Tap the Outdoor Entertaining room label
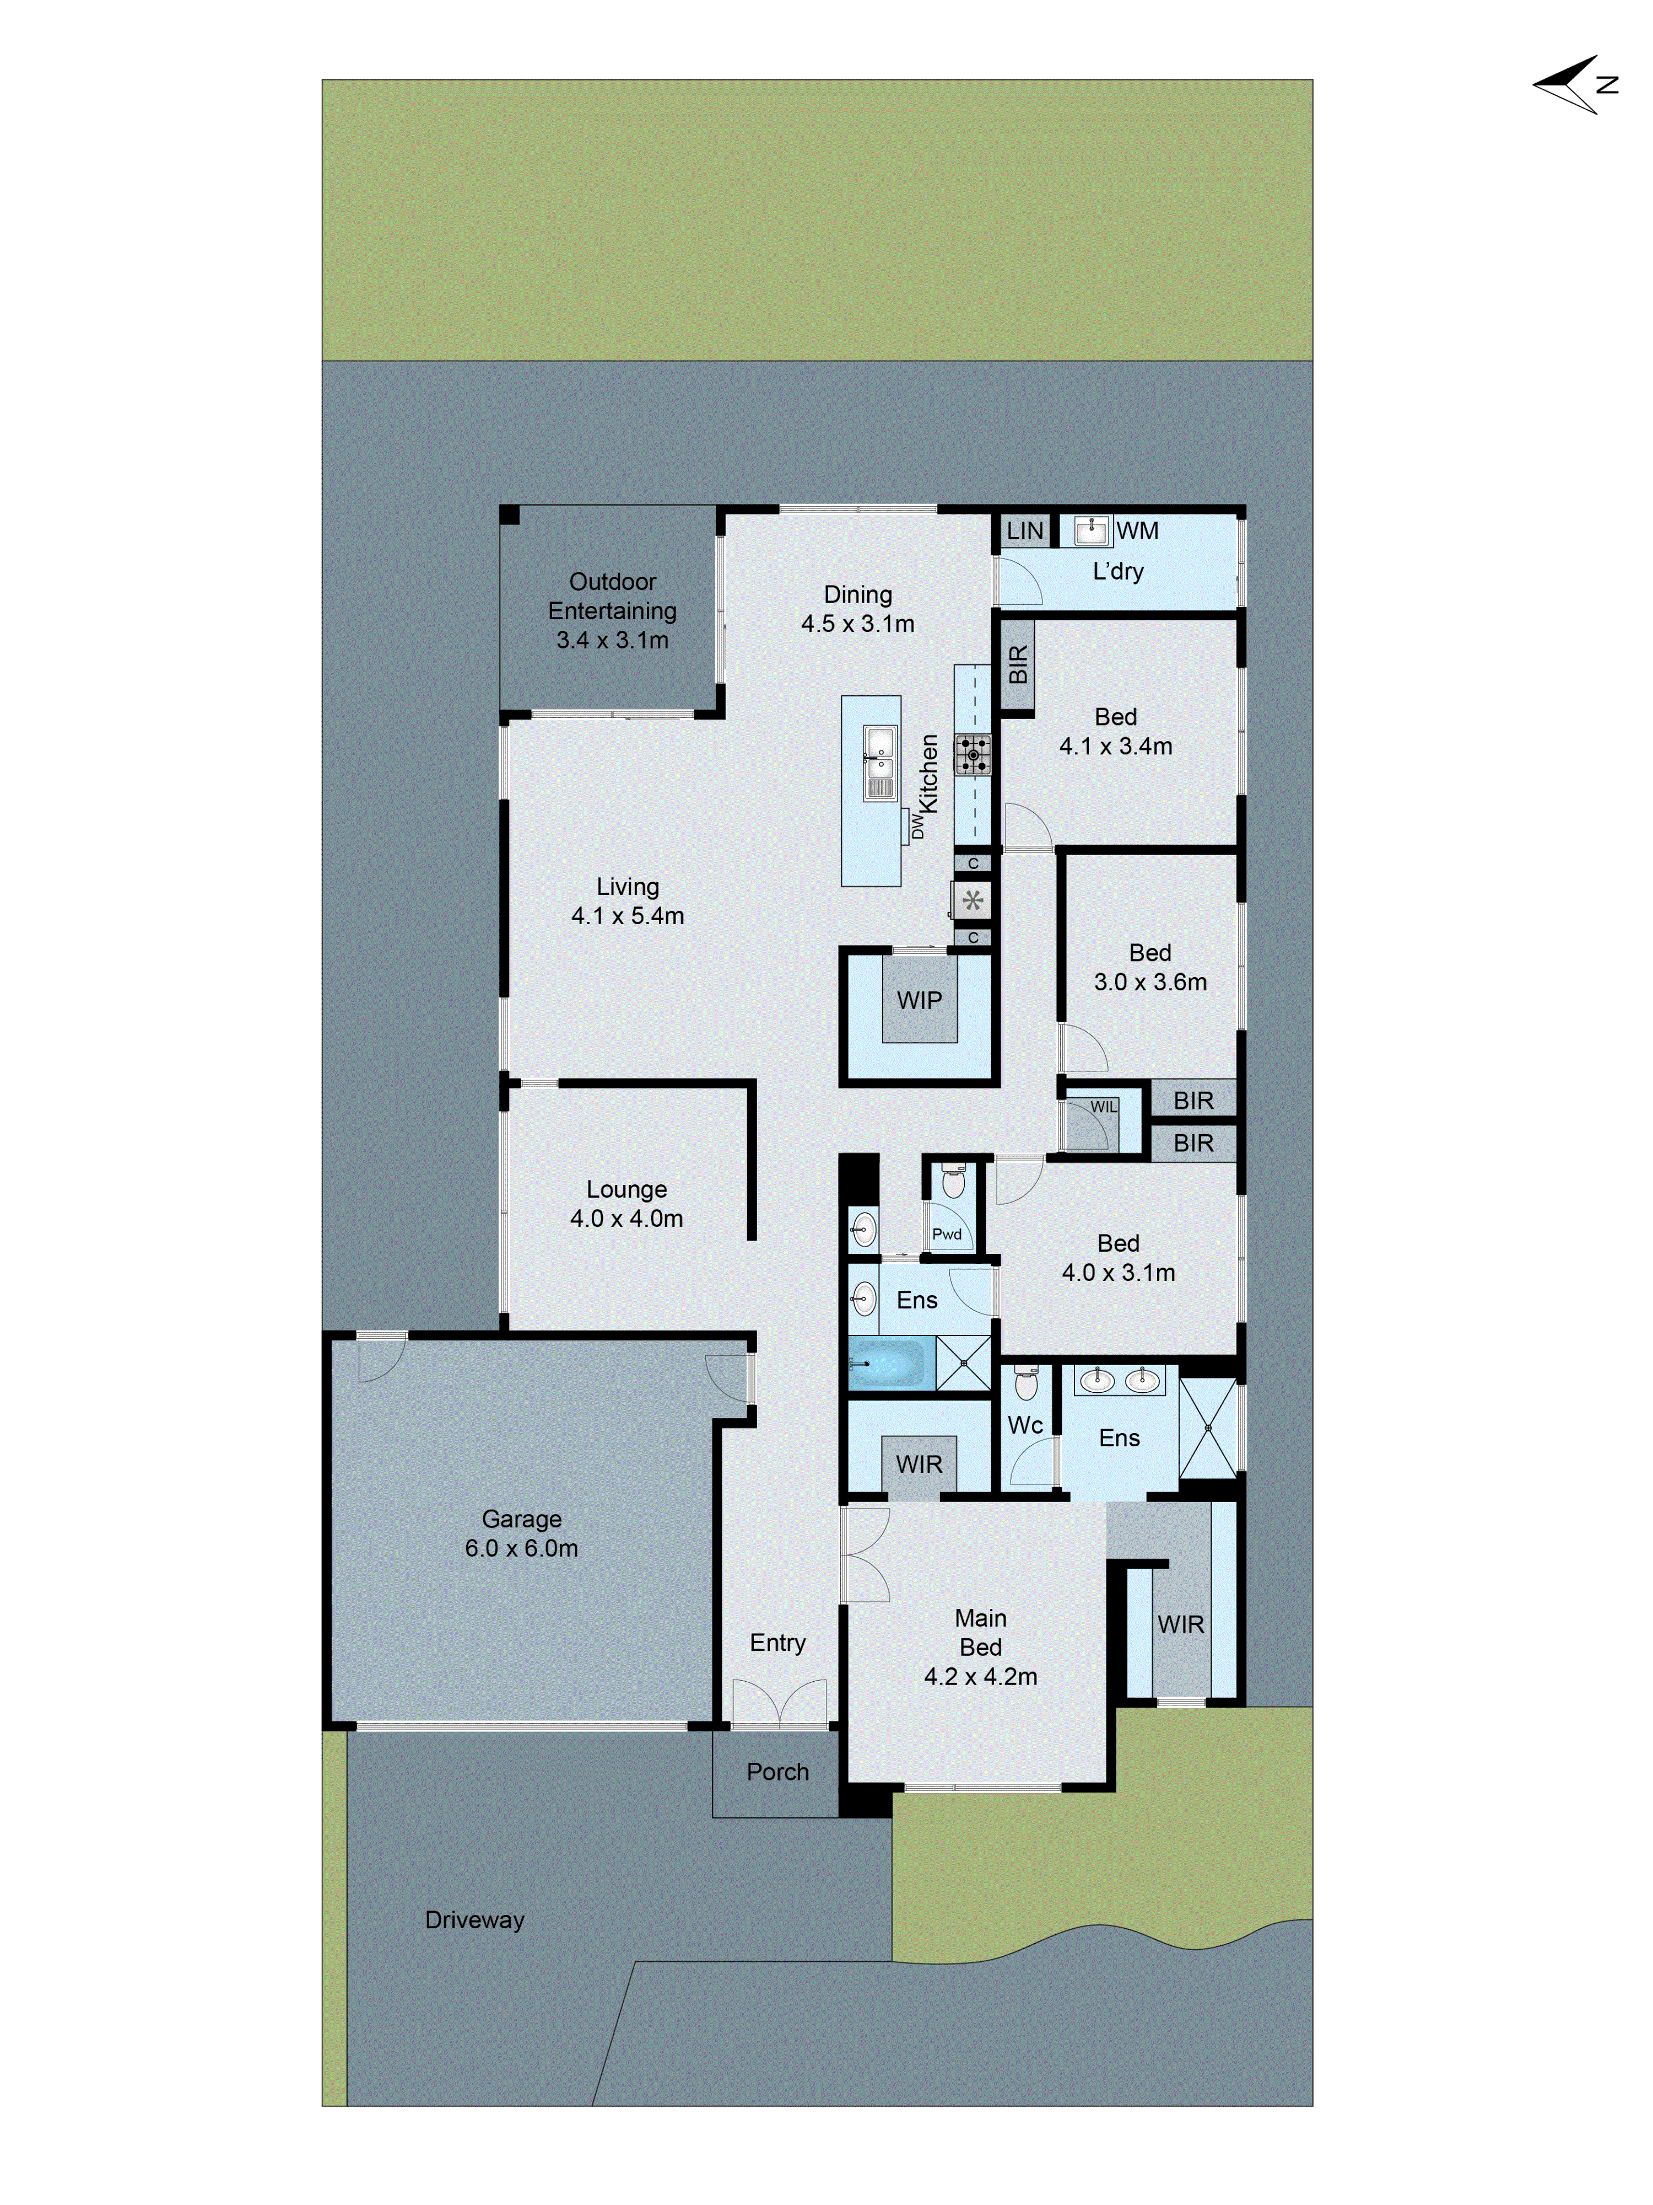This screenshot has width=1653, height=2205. [612, 609]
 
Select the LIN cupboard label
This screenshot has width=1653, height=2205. [1024, 530]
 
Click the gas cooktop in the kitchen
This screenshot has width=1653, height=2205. [973, 755]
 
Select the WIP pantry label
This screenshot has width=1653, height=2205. [919, 1000]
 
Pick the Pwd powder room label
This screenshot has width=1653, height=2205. [947, 1233]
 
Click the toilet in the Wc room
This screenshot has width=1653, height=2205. [1025, 1383]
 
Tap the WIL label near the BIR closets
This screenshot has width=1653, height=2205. [1103, 1107]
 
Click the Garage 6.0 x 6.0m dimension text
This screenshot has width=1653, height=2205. [521, 1548]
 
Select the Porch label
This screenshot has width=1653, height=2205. [777, 1772]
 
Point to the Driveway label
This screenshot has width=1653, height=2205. [474, 1920]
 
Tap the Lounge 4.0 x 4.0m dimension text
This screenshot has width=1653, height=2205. [626, 1218]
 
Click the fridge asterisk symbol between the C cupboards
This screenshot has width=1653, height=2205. [973, 900]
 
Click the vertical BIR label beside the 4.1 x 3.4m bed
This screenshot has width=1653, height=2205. [1017, 665]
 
